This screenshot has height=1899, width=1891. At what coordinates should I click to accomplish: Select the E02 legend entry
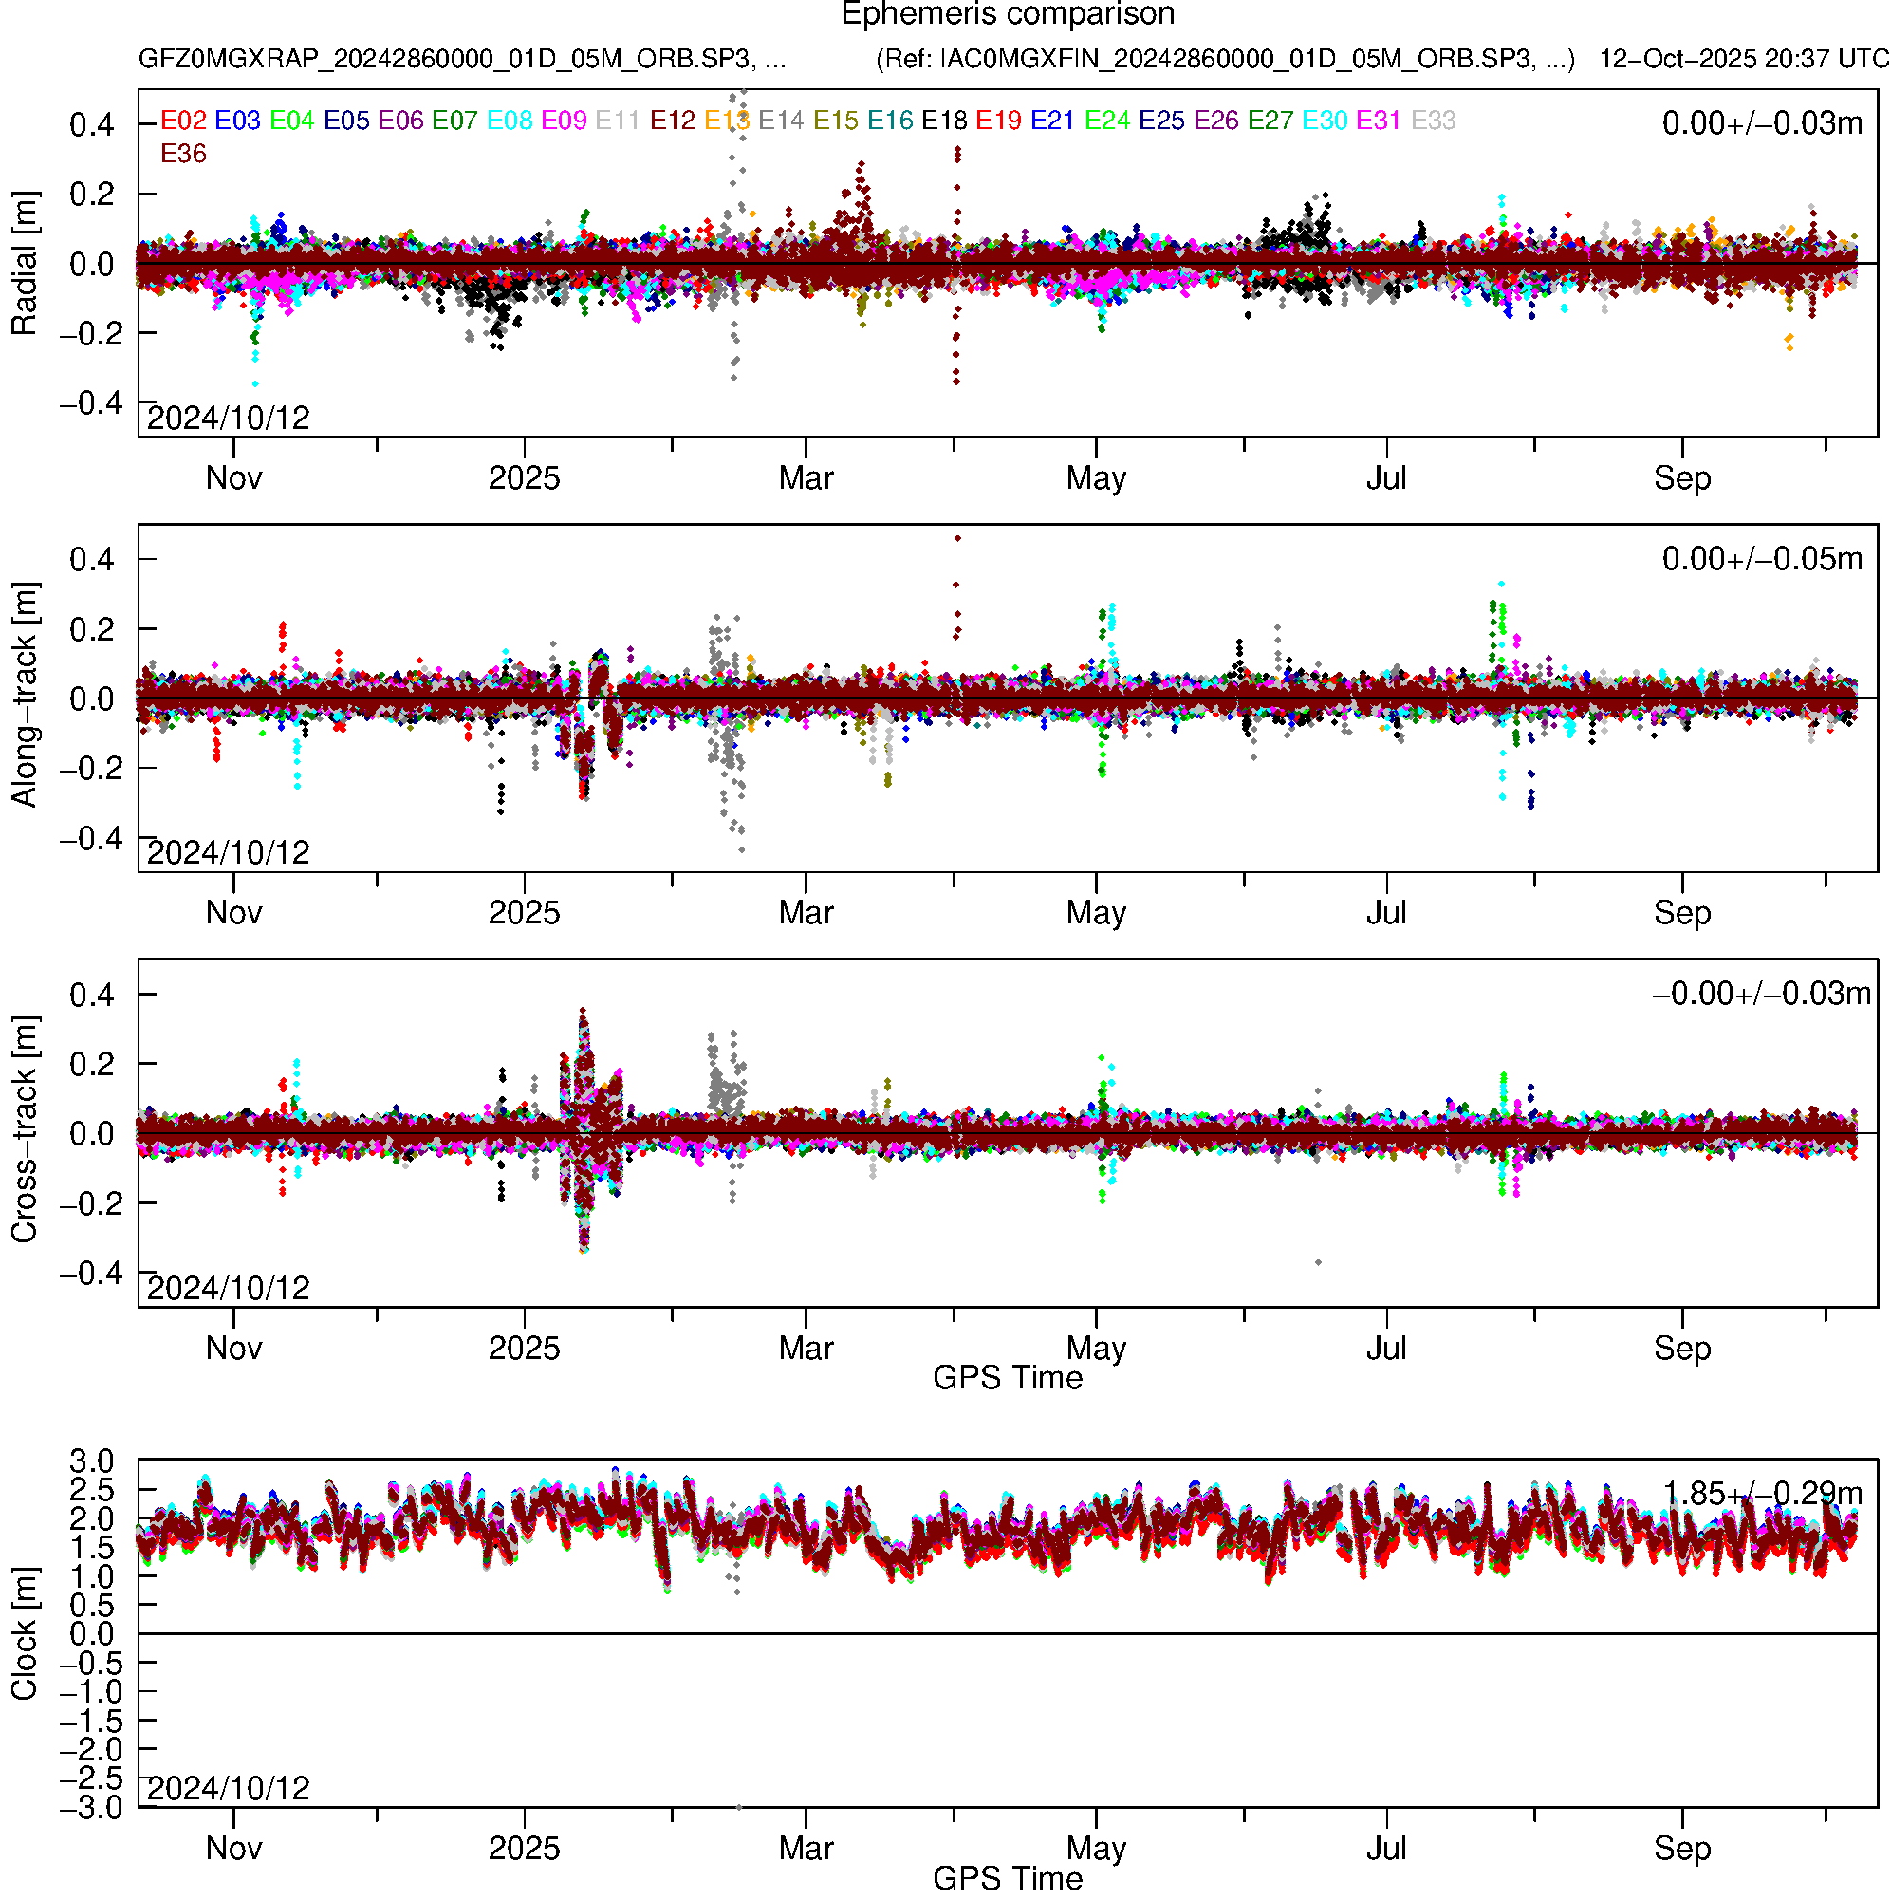pyautogui.click(x=183, y=121)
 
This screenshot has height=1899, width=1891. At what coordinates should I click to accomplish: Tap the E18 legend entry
pyautogui.click(x=943, y=121)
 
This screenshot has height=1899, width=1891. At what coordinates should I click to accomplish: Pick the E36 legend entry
pyautogui.click(x=183, y=155)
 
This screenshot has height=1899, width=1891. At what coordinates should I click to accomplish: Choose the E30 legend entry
pyautogui.click(x=1324, y=121)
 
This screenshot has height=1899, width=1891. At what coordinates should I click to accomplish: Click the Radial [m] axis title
pyautogui.click(x=24, y=264)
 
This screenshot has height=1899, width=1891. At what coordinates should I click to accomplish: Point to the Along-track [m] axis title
pyautogui.click(x=24, y=695)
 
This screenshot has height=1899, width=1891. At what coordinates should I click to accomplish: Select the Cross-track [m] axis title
pyautogui.click(x=24, y=1130)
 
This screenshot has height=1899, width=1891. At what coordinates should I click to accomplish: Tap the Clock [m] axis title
pyautogui.click(x=24, y=1633)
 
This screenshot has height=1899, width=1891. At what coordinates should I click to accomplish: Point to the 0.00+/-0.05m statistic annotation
pyautogui.click(x=1761, y=559)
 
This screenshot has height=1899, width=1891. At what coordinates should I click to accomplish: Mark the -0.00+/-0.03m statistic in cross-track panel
pyautogui.click(x=1761, y=994)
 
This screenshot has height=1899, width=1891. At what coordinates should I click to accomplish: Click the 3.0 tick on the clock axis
pyautogui.click(x=91, y=1461)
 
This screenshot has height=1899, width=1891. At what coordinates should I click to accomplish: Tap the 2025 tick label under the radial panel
pyautogui.click(x=524, y=478)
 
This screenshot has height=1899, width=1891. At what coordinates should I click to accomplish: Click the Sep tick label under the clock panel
pyautogui.click(x=1681, y=1849)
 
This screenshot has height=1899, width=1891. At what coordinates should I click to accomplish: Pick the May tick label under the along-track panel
pyautogui.click(x=1096, y=913)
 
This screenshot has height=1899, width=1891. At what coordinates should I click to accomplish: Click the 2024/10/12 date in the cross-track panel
pyautogui.click(x=228, y=1288)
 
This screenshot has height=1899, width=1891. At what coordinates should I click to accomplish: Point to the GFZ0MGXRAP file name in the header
pyautogui.click(x=462, y=59)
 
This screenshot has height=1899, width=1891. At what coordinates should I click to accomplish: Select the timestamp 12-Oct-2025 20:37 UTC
pyautogui.click(x=1743, y=59)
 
